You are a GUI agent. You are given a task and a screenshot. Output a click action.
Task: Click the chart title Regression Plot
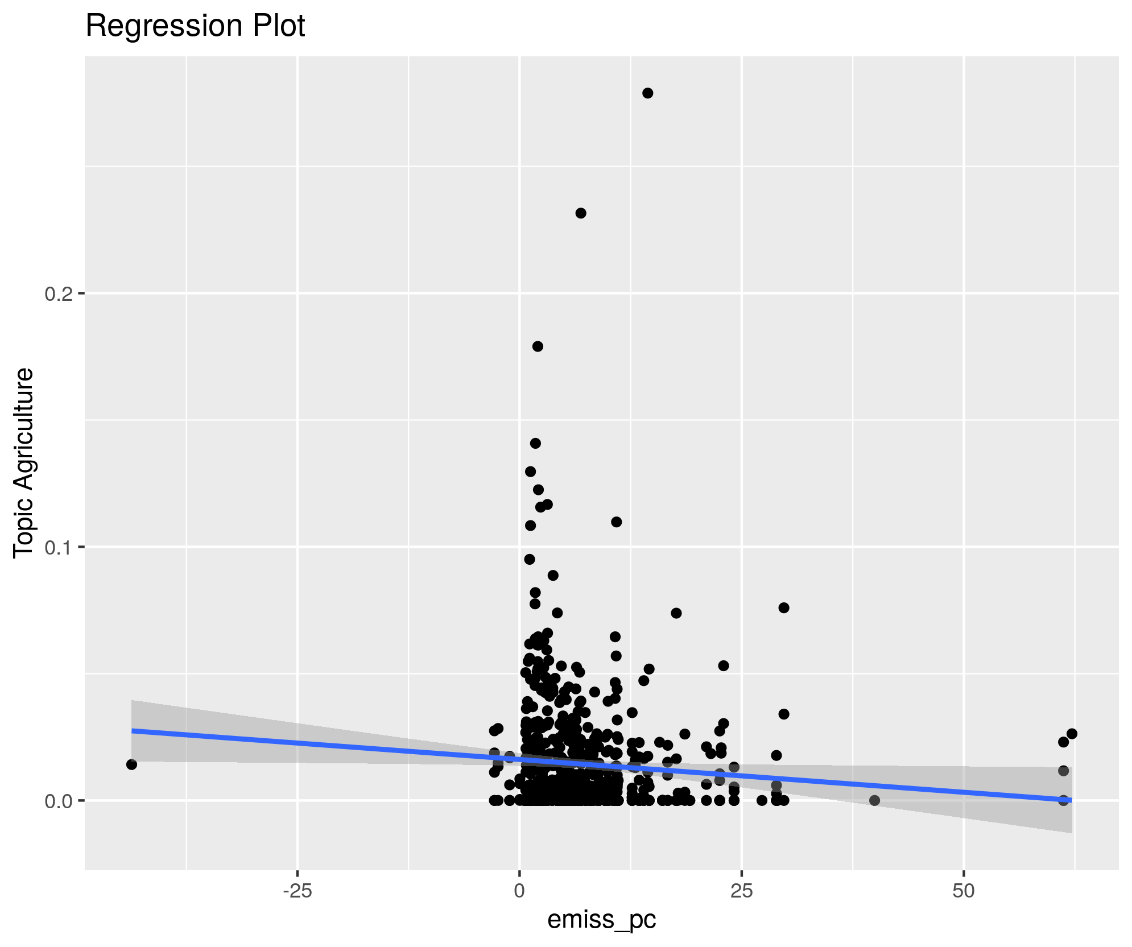[195, 26]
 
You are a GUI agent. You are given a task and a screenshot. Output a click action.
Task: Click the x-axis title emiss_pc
[601, 919]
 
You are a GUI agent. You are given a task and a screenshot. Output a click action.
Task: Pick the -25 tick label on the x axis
[297, 891]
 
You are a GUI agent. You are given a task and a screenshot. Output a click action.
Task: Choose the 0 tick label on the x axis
[519, 891]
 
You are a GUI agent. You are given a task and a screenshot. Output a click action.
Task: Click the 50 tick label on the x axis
[964, 891]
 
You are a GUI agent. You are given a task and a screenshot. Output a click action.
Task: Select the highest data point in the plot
[647, 93]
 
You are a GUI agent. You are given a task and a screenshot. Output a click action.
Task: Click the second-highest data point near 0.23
[580, 213]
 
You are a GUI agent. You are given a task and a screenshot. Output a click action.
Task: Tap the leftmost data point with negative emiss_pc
[131, 764]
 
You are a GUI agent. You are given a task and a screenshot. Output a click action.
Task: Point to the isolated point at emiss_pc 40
[875, 801]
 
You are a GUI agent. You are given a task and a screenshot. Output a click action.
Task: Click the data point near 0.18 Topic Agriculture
[538, 346]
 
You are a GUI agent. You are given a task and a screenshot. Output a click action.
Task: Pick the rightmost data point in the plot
[1072, 734]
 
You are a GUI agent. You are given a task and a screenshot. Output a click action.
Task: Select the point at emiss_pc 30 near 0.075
[784, 608]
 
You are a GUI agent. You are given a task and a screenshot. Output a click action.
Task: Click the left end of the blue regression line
[133, 730]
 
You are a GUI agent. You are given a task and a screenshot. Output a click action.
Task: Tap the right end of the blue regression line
[1071, 800]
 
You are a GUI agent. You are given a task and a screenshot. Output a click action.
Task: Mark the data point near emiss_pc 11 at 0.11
[616, 522]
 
